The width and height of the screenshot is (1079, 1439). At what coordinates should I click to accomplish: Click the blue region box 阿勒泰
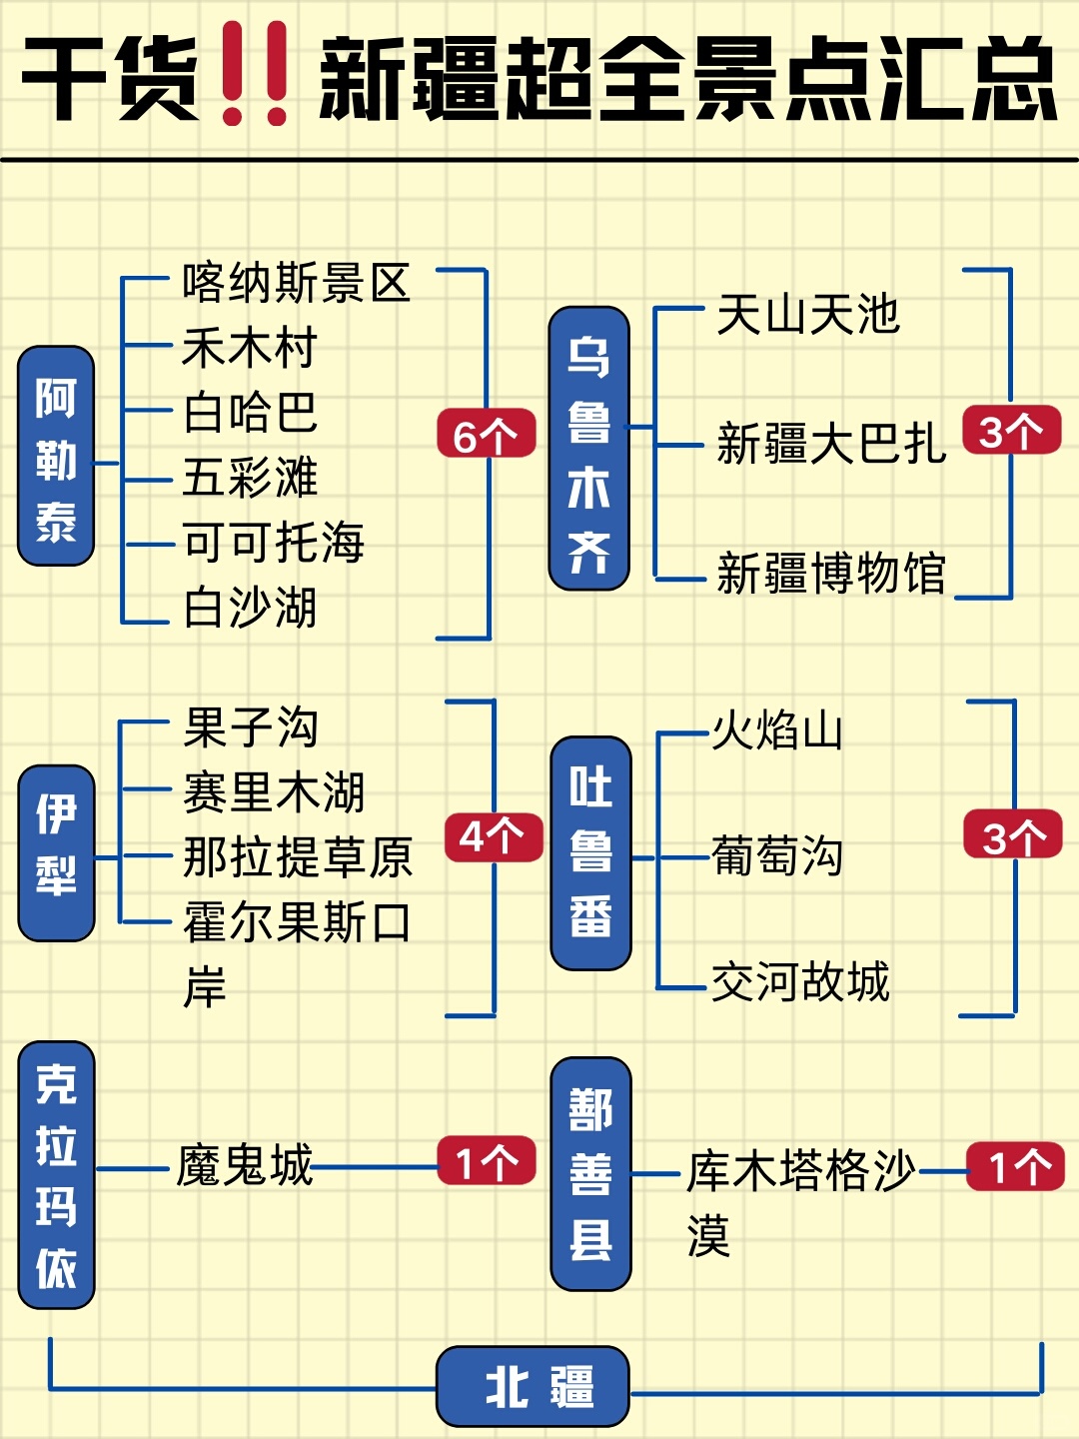pyautogui.click(x=56, y=456)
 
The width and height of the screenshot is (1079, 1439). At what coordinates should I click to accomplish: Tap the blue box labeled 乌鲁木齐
pyautogui.click(x=589, y=448)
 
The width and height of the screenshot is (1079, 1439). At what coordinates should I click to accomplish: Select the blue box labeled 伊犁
pyautogui.click(x=57, y=852)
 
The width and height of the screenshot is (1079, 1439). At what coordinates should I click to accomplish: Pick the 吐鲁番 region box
pyautogui.click(x=591, y=852)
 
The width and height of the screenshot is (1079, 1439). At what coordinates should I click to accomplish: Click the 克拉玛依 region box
pyautogui.click(x=56, y=1174)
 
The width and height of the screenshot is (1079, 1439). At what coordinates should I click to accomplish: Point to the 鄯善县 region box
pyautogui.click(x=591, y=1173)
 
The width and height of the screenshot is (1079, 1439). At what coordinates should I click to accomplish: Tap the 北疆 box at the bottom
pyautogui.click(x=534, y=1386)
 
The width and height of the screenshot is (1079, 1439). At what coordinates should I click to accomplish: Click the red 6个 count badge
pyautogui.click(x=487, y=434)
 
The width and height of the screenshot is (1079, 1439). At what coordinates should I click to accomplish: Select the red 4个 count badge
pyautogui.click(x=494, y=836)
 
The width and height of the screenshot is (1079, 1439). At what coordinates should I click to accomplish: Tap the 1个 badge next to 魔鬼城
pyautogui.click(x=488, y=1161)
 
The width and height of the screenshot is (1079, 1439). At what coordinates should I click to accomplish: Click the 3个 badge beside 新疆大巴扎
pyautogui.click(x=1011, y=431)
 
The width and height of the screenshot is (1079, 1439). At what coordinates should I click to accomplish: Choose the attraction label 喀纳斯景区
pyautogui.click(x=296, y=283)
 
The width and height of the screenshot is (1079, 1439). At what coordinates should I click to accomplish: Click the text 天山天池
pyautogui.click(x=808, y=315)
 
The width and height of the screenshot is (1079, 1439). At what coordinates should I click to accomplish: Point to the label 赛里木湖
pyautogui.click(x=274, y=792)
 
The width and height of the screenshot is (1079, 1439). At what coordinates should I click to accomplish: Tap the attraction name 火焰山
pyautogui.click(x=776, y=730)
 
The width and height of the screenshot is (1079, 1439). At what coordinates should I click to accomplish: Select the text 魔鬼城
pyautogui.click(x=245, y=1165)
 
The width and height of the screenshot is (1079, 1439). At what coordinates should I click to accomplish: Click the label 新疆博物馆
pyautogui.click(x=830, y=574)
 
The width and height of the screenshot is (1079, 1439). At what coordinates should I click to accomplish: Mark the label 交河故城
pyautogui.click(x=799, y=981)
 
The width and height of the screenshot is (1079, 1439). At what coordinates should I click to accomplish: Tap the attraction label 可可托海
pyautogui.click(x=273, y=543)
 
